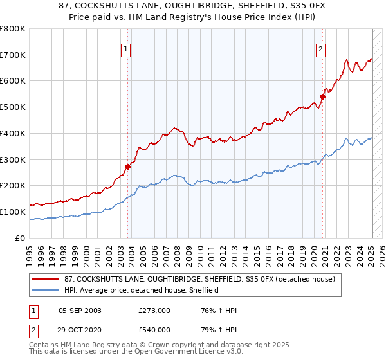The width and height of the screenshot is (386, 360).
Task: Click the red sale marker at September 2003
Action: [x=127, y=166]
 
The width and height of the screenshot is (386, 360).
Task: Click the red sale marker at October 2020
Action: [x=323, y=96]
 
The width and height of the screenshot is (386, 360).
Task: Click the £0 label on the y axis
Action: [x=20, y=238]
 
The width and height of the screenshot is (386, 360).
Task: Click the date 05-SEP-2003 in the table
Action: [x=80, y=310]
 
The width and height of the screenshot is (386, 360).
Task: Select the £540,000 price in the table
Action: [x=154, y=330]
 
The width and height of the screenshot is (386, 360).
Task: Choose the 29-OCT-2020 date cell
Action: [x=80, y=330]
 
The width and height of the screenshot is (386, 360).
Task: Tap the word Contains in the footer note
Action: [x=43, y=346]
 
